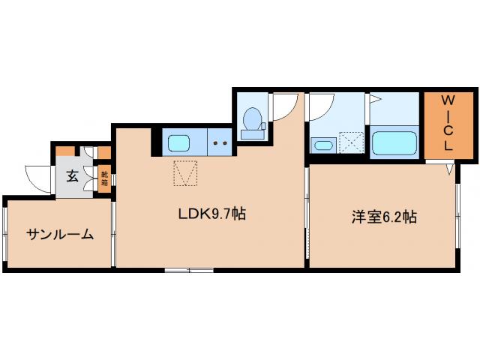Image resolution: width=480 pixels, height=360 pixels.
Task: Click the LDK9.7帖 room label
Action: pyautogui.click(x=211, y=214)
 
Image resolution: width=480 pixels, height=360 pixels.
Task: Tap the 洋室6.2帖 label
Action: pyautogui.click(x=383, y=217)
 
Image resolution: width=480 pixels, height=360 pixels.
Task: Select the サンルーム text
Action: pyautogui.click(x=60, y=234)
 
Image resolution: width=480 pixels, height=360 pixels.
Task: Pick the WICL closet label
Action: pyautogui.click(x=447, y=123)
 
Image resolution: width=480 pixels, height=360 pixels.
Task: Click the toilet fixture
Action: pyautogui.click(x=253, y=122)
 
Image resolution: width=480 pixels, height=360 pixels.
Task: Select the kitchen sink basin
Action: pyautogui.click(x=180, y=142)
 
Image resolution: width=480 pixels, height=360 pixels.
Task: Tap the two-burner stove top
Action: pyautogui.click(x=221, y=142)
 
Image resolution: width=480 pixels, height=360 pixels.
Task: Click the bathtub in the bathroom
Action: pyautogui.click(x=394, y=142)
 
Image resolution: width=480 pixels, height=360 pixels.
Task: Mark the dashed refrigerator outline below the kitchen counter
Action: pyautogui.click(x=185, y=173)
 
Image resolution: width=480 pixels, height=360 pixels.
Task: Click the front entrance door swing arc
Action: pyautogui.click(x=37, y=177)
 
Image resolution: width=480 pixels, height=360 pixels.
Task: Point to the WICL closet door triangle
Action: pyautogui.click(x=448, y=169)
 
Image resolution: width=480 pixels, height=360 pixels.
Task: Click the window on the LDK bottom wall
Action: pyautogui.click(x=178, y=268)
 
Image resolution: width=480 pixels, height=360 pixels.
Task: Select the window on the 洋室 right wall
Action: pyautogui.click(x=457, y=217)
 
